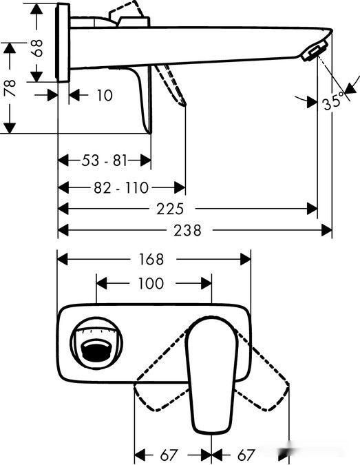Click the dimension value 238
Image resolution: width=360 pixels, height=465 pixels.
tap(187, 231)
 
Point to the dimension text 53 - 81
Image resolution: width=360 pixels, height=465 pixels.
tap(105, 161)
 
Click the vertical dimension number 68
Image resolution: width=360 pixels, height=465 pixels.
tap(39, 47)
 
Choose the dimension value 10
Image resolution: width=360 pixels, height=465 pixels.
tap(103, 96)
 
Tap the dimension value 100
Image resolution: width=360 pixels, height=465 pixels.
tap(151, 283)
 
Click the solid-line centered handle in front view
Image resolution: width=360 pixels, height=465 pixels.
tap(211, 372)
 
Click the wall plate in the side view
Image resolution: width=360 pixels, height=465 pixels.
tap(63, 43)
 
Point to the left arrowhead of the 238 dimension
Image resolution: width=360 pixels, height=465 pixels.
tap(62, 231)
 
